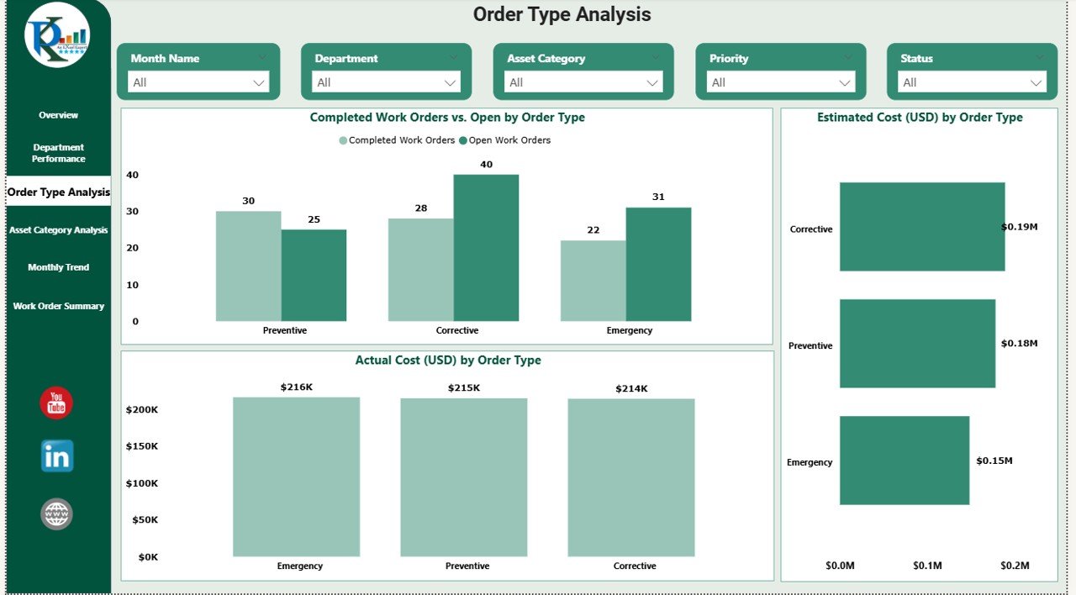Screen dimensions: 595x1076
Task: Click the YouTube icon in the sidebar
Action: [56, 403]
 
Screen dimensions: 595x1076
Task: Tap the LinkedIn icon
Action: [57, 455]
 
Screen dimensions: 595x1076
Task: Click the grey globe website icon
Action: [57, 513]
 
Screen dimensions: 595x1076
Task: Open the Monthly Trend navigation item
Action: [58, 267]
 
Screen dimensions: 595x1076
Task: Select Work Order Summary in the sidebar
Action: [58, 306]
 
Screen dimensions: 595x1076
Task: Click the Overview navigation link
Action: [58, 115]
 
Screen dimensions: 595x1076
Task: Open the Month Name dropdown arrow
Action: [259, 82]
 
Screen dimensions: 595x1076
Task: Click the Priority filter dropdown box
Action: [781, 82]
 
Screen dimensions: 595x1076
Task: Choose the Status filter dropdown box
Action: [972, 82]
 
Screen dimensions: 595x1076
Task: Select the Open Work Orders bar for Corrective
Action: [486, 247]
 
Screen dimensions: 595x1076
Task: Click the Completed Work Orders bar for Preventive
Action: [248, 266]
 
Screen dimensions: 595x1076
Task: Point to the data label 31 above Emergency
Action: [658, 197]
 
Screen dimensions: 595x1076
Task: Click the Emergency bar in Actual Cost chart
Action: [296, 477]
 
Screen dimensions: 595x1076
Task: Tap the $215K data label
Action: [463, 387]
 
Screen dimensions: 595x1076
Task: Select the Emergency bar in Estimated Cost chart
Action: [904, 461]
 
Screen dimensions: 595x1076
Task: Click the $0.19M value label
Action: [1020, 227]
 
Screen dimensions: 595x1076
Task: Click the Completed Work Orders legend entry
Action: [397, 140]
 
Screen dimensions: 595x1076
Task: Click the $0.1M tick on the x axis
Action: [927, 566]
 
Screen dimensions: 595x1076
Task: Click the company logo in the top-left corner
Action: [57, 34]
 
